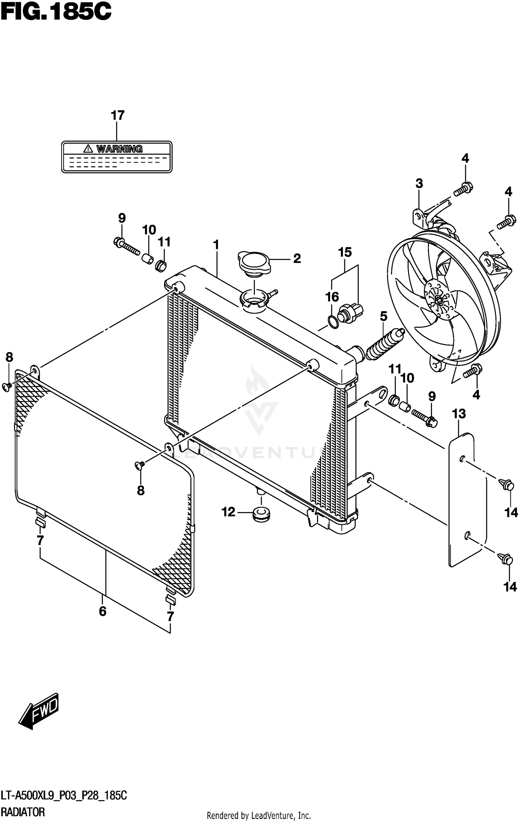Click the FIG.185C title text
point(56,13)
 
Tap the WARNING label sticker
point(117,157)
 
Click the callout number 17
point(117,116)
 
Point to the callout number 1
point(216,245)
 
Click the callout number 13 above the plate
point(459,414)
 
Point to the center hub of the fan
point(439,300)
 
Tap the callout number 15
point(345,252)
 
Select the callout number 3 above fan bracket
point(419,184)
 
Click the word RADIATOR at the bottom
point(23,812)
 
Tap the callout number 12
point(228,512)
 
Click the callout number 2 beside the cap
point(297,259)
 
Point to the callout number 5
point(383,316)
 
